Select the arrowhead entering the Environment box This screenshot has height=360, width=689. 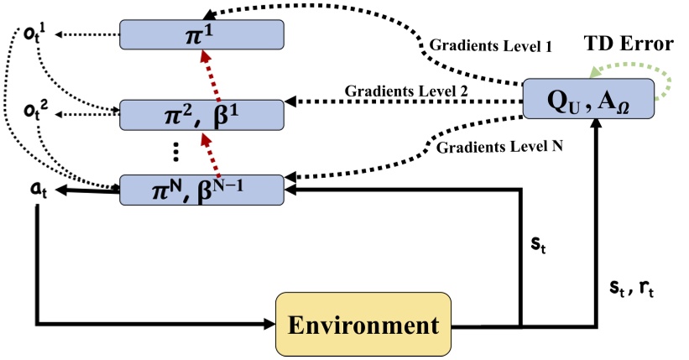pyautogui.click(x=269, y=324)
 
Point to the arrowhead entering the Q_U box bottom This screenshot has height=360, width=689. pyautogui.click(x=598, y=127)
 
